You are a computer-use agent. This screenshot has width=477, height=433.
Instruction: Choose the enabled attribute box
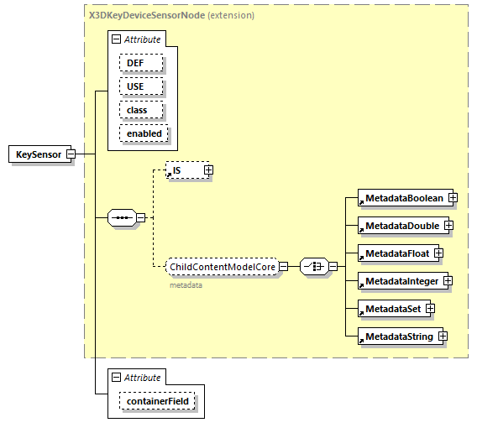[144, 133]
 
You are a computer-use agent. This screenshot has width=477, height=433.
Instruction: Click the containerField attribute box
[158, 402]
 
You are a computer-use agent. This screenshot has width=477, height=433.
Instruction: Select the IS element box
[184, 170]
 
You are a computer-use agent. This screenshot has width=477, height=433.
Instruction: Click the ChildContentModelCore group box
[223, 267]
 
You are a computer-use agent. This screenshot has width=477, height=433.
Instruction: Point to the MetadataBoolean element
[403, 198]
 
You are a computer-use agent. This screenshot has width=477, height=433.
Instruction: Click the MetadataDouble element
[401, 226]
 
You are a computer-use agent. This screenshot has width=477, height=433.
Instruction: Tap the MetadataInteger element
[401, 281]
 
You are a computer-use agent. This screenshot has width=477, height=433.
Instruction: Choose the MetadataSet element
[392, 309]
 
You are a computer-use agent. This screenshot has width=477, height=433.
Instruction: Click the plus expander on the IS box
[208, 170]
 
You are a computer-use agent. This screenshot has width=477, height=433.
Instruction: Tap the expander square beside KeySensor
[71, 154]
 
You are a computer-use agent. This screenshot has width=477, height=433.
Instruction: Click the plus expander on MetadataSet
[430, 309]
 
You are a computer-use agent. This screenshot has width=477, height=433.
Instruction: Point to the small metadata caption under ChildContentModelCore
[186, 284]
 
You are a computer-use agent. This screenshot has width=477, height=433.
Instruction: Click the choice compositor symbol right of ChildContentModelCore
[313, 267]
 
